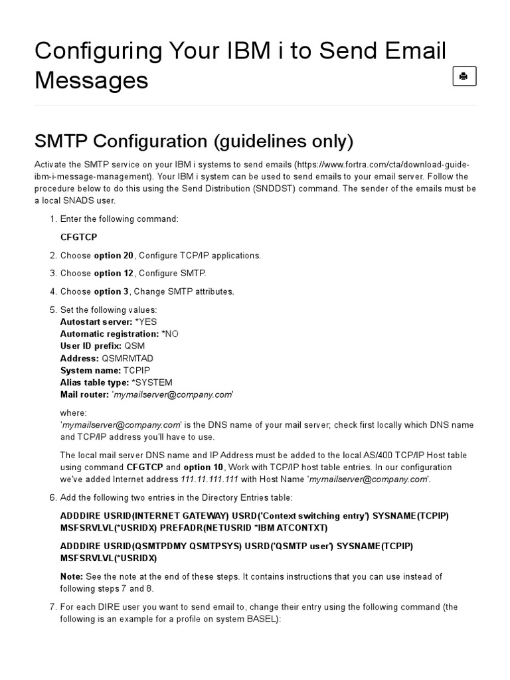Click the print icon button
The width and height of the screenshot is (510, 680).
click(x=464, y=76)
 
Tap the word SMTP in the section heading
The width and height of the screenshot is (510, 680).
click(x=61, y=141)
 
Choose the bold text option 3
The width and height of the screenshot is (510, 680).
click(x=111, y=292)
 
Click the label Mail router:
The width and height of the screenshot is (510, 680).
click(x=85, y=394)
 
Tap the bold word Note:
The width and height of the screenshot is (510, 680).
click(x=72, y=576)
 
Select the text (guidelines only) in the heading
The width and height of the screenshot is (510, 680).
click(x=284, y=141)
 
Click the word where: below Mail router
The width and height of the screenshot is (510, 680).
click(x=74, y=413)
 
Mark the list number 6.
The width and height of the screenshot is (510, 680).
click(x=52, y=497)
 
